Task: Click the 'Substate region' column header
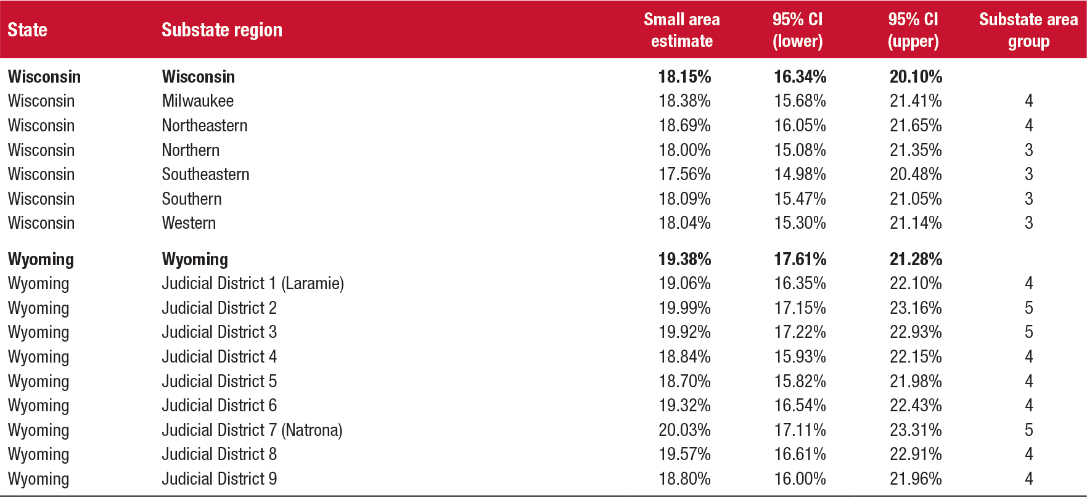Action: [x=222, y=30]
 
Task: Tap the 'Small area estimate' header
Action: [x=681, y=30]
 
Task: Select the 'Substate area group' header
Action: [x=1028, y=30]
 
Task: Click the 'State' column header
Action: [x=27, y=30]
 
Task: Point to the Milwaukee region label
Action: [x=197, y=101]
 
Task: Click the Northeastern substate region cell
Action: [x=204, y=125]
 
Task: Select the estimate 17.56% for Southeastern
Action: [x=684, y=174]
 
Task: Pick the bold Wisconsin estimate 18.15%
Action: [x=684, y=76]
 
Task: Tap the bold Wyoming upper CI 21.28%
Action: [x=916, y=259]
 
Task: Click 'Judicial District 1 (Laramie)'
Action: [x=253, y=283]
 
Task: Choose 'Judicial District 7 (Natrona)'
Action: [x=252, y=430]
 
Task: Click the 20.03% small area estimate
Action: [x=684, y=430]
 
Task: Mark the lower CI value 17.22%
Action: [x=800, y=332]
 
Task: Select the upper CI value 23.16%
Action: [x=916, y=308]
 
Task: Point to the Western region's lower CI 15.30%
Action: [x=800, y=223]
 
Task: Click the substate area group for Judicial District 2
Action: [x=1028, y=308]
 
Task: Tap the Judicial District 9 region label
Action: [x=219, y=479]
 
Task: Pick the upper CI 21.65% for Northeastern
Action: [x=916, y=125]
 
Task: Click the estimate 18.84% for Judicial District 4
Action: [x=684, y=356]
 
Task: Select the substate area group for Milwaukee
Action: [x=1028, y=101]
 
